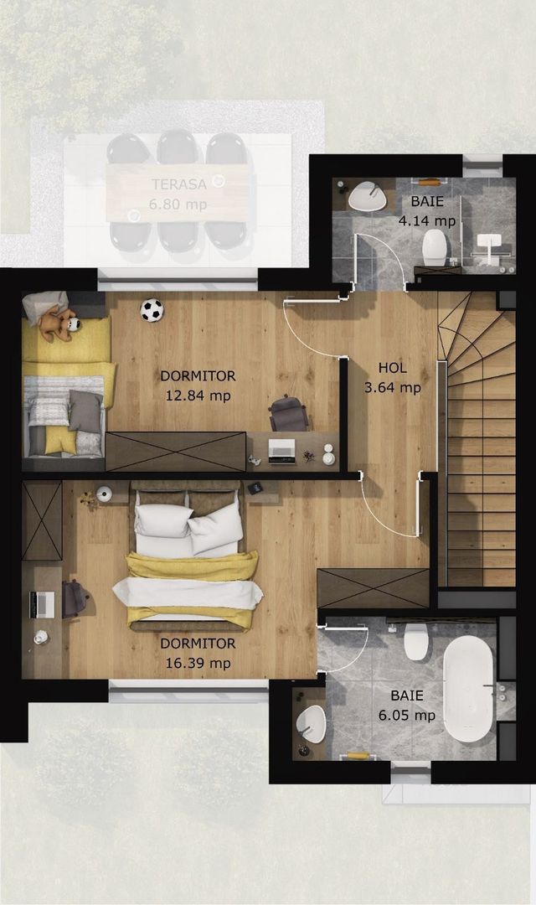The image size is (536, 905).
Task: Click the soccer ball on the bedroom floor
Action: coord(152,310)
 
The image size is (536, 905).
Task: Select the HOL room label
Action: coord(392,368)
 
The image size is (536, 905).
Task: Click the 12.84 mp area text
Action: coord(198,396)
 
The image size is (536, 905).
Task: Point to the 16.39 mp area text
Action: coord(198,664)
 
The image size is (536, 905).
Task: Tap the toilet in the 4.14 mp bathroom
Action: coord(434,248)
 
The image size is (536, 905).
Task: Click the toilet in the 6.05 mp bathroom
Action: coord(416,642)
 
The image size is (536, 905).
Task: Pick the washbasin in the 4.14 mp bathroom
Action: coord(368,198)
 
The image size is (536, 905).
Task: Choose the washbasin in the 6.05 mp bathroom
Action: coord(312,722)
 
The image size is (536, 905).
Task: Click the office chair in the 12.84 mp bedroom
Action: coord(289,414)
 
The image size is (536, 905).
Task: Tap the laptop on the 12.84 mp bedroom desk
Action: coord(281,450)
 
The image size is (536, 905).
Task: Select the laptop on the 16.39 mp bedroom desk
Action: coord(41,603)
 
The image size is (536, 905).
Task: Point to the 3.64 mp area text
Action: coord(393,387)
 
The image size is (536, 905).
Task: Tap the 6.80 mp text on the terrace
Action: coord(178,204)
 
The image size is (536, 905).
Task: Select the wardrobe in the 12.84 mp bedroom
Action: coord(175,451)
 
